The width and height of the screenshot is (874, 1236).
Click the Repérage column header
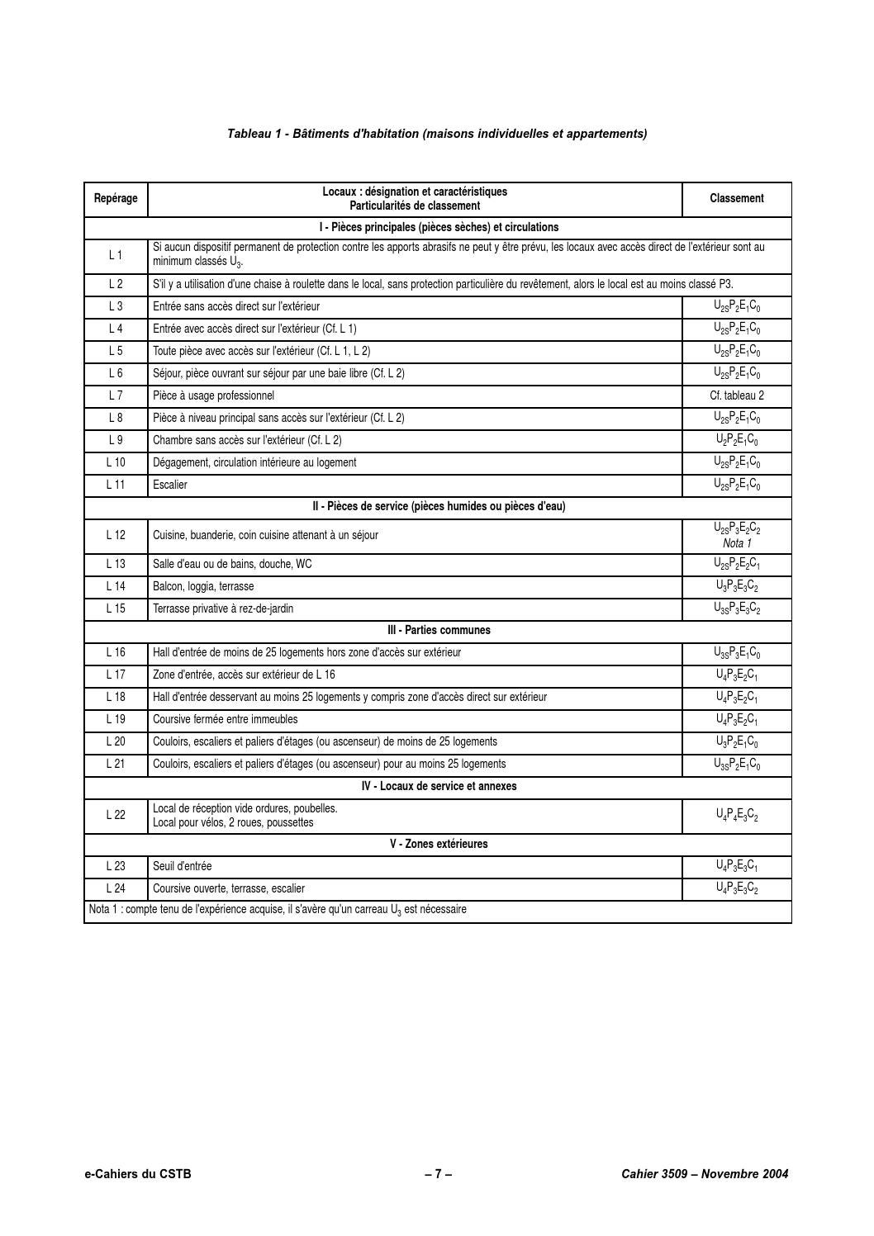tap(116, 198)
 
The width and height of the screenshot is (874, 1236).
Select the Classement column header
tap(736, 198)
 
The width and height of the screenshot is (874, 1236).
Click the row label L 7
tap(116, 395)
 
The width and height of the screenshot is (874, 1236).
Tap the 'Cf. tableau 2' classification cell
tap(736, 395)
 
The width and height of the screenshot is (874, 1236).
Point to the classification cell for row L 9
tap(736, 440)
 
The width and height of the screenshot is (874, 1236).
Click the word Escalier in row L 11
tap(170, 485)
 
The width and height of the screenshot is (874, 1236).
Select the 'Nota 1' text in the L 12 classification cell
tap(736, 543)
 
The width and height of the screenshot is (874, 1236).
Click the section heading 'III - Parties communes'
tap(439, 630)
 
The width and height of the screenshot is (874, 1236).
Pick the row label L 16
tap(116, 652)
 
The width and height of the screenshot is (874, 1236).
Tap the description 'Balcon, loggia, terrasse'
tap(203, 586)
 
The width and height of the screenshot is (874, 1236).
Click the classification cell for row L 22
tap(736, 816)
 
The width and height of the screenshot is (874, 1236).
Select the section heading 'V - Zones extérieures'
tap(439, 844)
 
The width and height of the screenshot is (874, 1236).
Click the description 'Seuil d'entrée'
tap(182, 866)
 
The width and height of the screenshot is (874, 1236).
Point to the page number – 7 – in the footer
tap(438, 1173)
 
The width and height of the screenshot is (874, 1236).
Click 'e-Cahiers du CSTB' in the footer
tap(137, 1173)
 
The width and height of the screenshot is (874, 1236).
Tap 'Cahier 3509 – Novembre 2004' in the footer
tap(705, 1173)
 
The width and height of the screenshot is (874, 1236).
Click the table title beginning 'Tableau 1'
tap(437, 134)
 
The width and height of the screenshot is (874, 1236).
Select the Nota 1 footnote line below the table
tap(278, 910)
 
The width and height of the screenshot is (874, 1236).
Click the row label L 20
tap(116, 741)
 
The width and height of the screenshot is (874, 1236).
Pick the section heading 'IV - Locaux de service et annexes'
tap(439, 786)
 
